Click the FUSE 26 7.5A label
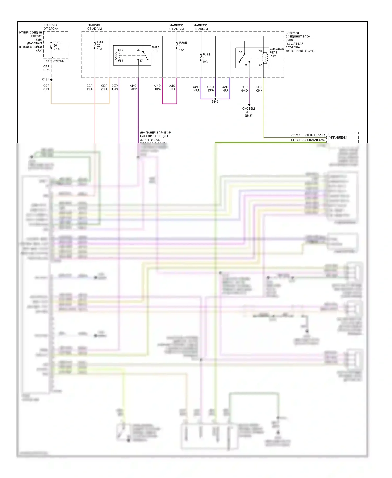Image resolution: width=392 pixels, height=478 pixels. [57, 45]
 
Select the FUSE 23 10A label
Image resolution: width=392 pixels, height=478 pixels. [100, 45]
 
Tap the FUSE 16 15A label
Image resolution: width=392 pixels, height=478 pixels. [182, 46]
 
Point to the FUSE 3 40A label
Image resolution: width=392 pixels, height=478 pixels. [206, 58]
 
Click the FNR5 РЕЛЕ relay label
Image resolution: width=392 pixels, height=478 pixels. [155, 49]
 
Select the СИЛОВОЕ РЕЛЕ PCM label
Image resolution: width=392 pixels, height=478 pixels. [276, 52]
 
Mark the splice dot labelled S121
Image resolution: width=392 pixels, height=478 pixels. [51, 79]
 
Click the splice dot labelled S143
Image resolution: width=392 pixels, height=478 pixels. [215, 99]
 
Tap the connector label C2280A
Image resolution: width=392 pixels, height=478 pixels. [58, 61]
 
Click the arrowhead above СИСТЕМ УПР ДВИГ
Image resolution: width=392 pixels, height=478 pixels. [249, 105]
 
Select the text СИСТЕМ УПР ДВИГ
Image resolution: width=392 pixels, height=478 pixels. [249, 112]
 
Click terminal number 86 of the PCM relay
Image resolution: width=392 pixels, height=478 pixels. [260, 65]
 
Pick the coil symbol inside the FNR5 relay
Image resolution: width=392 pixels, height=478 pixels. [117, 55]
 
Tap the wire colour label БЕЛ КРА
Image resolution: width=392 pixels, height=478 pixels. [90, 88]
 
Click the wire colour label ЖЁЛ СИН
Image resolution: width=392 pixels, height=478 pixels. [259, 89]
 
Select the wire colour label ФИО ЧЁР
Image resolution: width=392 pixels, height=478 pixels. [133, 88]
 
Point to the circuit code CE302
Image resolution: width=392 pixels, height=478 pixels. [296, 135]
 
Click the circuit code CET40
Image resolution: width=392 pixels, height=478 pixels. [295, 140]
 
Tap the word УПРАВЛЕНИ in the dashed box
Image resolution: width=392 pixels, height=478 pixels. [338, 138]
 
